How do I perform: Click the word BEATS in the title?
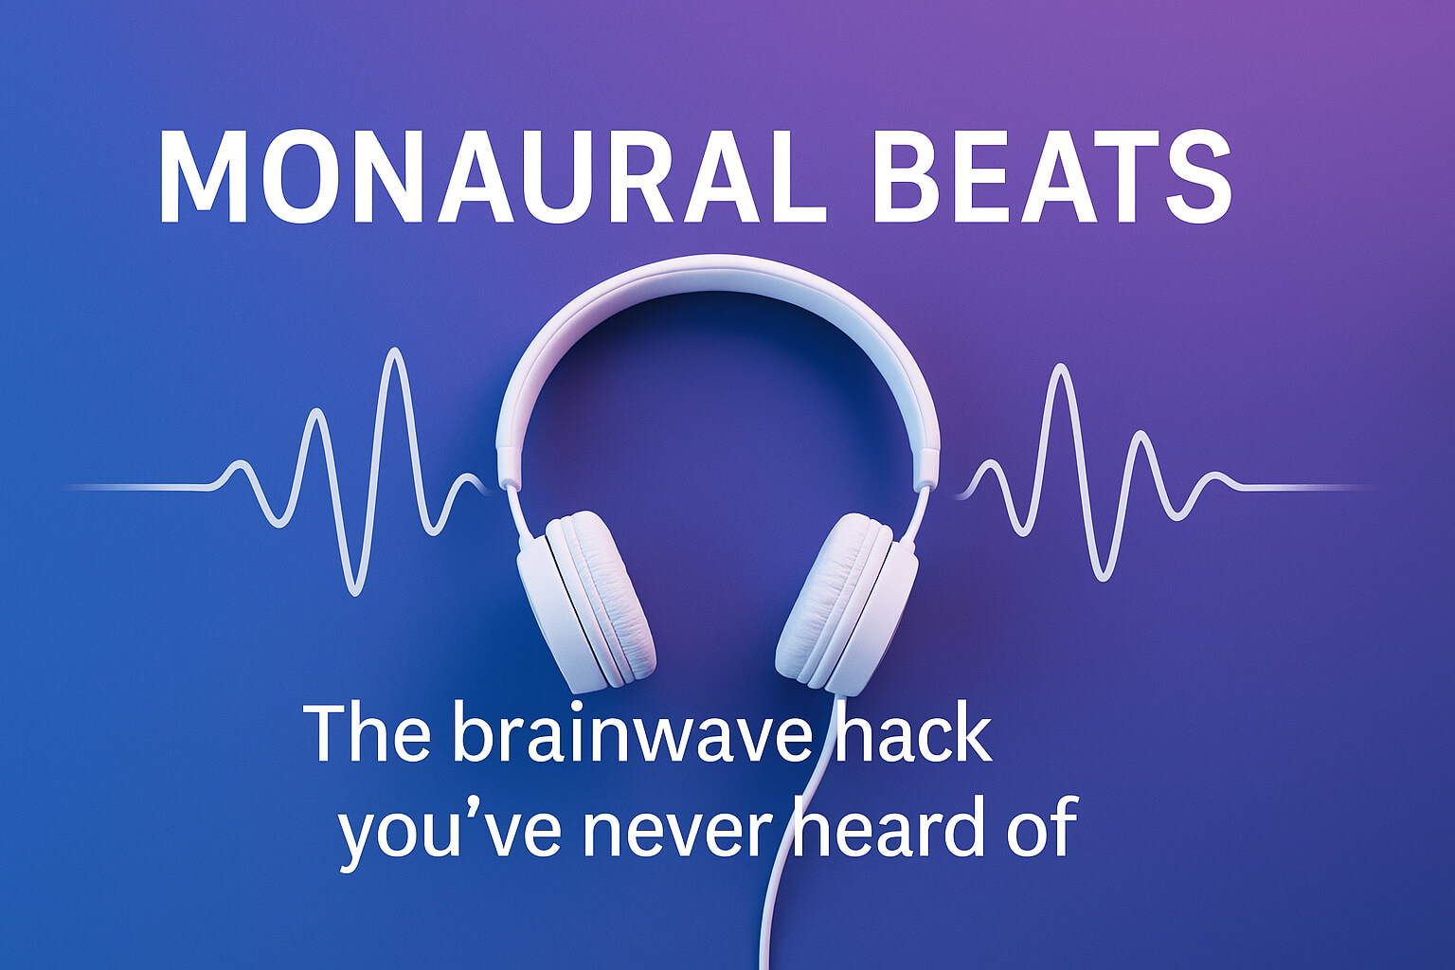tap(1051, 177)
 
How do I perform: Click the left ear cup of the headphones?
tap(587, 602)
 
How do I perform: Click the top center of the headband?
tap(718, 275)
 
